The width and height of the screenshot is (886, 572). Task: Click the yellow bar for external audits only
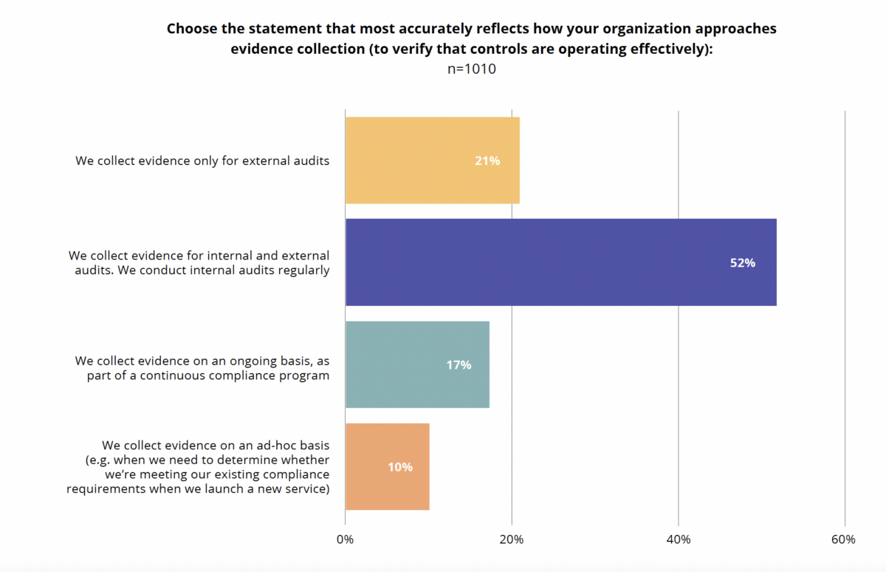(432, 160)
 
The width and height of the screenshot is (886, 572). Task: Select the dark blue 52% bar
(560, 262)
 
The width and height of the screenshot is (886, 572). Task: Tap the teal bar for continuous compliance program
(417, 364)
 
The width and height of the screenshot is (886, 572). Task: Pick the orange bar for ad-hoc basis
(387, 466)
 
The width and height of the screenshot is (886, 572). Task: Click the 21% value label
(487, 160)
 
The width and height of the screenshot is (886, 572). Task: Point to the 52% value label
(742, 262)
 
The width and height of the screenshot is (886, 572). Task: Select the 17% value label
(458, 365)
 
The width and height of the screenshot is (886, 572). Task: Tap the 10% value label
(400, 467)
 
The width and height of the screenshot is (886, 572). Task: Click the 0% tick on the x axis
(346, 539)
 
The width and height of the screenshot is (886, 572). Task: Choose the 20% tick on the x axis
(512, 539)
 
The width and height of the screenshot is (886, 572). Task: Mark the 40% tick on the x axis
(679, 539)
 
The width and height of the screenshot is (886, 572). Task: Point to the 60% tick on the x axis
(843, 539)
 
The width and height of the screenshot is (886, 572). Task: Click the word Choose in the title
(189, 30)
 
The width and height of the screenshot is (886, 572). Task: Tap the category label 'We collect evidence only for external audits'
(202, 160)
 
